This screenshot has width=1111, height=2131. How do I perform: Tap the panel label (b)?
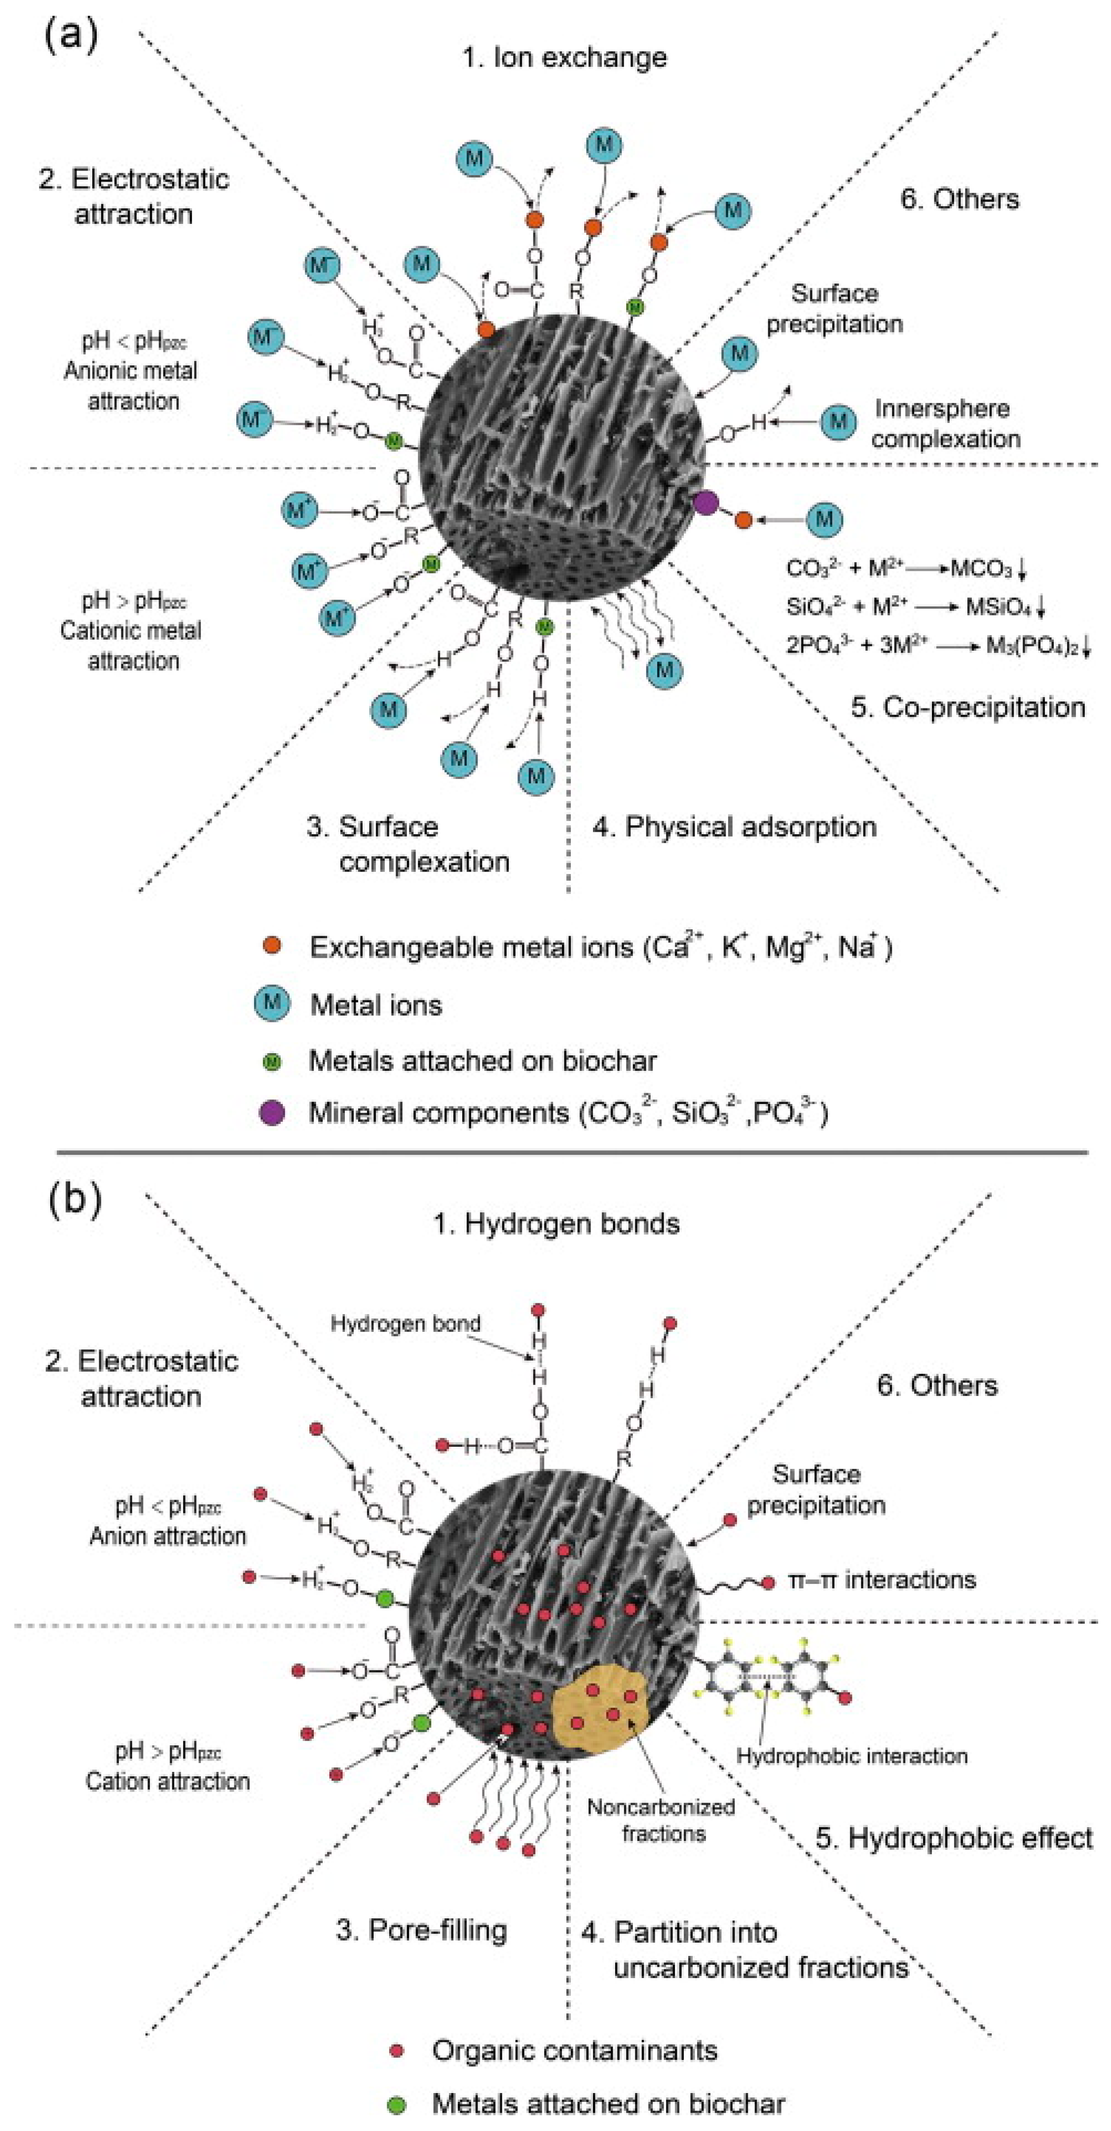[74, 1197]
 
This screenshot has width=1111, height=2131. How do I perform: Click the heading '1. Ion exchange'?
[564, 57]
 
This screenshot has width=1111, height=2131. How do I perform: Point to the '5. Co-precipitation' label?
[968, 707]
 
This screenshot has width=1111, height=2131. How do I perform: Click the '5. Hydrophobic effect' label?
[954, 1838]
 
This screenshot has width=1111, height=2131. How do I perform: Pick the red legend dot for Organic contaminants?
[396, 2051]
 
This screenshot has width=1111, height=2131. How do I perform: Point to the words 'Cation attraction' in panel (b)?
[167, 1781]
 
